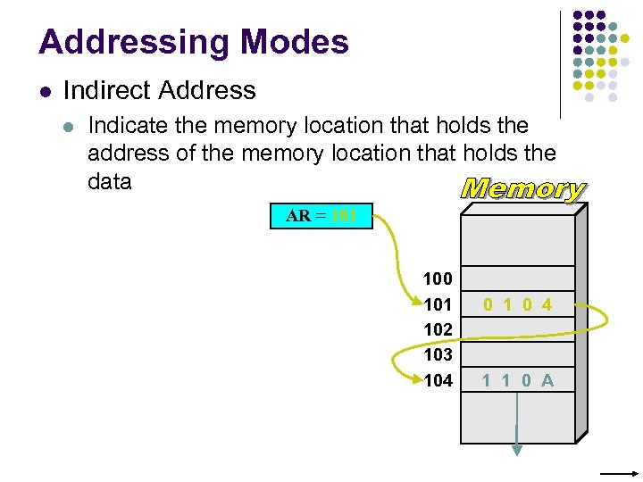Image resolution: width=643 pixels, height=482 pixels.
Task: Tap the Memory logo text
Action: tap(522, 189)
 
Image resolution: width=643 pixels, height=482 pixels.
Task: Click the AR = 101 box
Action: tap(321, 215)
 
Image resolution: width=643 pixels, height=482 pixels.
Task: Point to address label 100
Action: tap(438, 279)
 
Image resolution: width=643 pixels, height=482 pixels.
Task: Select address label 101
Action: tap(438, 304)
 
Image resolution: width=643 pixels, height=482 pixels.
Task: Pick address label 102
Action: tap(438, 329)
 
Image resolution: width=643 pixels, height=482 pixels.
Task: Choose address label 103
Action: tap(438, 354)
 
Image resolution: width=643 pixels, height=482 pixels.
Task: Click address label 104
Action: tap(438, 380)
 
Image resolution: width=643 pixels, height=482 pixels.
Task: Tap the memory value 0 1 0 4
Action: tap(518, 304)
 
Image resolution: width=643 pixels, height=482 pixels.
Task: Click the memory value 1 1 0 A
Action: tap(518, 380)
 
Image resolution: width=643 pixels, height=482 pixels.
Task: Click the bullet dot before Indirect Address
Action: tap(45, 91)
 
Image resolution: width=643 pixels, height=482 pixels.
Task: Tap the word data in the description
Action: tap(110, 181)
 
